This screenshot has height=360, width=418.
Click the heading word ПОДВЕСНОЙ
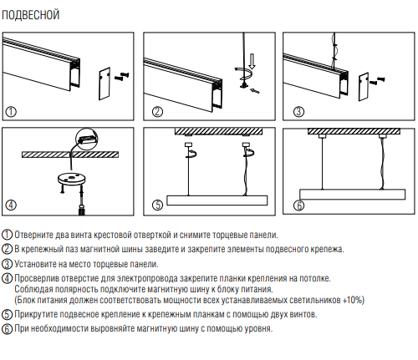click(x=31, y=15)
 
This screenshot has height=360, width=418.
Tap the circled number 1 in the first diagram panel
click(x=11, y=112)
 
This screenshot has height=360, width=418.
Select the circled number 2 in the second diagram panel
click(x=157, y=112)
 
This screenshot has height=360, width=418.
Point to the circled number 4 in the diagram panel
click(x=11, y=205)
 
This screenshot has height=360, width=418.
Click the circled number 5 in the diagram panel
click(x=157, y=205)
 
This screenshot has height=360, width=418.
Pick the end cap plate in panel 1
click(x=104, y=84)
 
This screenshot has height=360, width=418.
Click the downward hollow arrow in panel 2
click(x=252, y=61)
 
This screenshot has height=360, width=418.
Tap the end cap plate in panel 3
click(x=364, y=87)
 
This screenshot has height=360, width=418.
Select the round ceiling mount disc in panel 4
click(x=72, y=179)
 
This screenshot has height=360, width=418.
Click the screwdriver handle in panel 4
click(x=82, y=210)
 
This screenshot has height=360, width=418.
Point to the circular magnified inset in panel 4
click(x=87, y=139)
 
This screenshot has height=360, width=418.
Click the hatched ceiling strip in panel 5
click(x=219, y=131)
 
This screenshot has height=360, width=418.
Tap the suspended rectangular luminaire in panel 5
click(x=217, y=200)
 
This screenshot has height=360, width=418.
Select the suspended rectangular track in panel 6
click(x=353, y=195)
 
